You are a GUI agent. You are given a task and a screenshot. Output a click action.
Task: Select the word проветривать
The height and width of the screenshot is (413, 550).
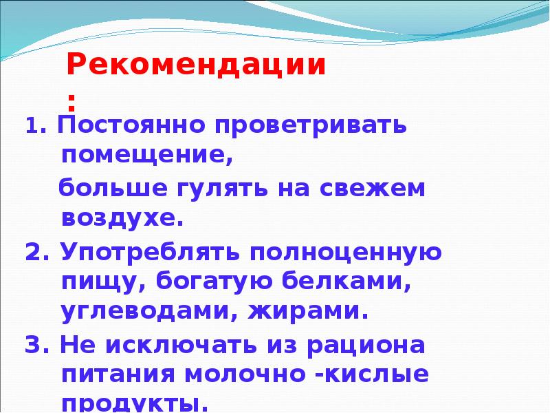(x=310, y=127)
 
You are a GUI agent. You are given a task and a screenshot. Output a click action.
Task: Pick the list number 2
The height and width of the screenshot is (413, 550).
(x=34, y=252)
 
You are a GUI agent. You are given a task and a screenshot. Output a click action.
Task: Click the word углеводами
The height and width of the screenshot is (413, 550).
(x=144, y=312)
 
